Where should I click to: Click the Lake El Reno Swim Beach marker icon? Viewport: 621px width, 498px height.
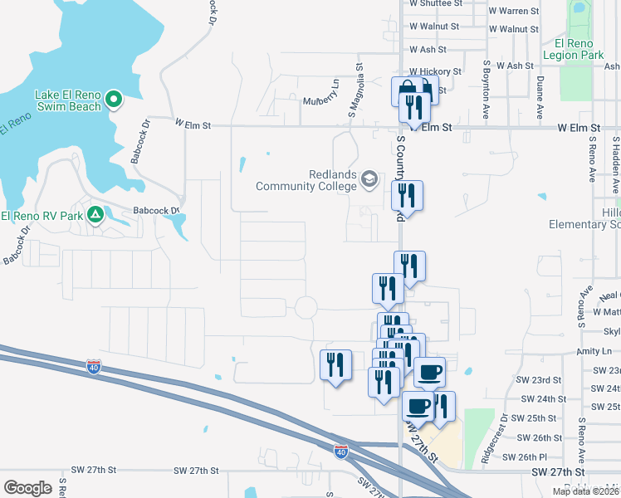click(x=115, y=100)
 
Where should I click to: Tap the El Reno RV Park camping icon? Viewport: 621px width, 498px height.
click(x=95, y=216)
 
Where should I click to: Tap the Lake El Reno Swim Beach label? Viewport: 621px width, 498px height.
click(x=68, y=100)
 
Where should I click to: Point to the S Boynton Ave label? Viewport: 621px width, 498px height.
click(x=486, y=79)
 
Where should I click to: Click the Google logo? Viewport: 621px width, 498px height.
click(x=27, y=488)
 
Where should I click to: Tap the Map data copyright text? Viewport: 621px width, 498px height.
click(x=585, y=491)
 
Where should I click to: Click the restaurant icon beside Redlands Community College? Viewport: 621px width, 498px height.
click(x=407, y=195)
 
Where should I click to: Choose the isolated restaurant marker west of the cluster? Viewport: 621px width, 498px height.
click(x=335, y=364)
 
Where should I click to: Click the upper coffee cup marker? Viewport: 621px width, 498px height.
click(x=429, y=372)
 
